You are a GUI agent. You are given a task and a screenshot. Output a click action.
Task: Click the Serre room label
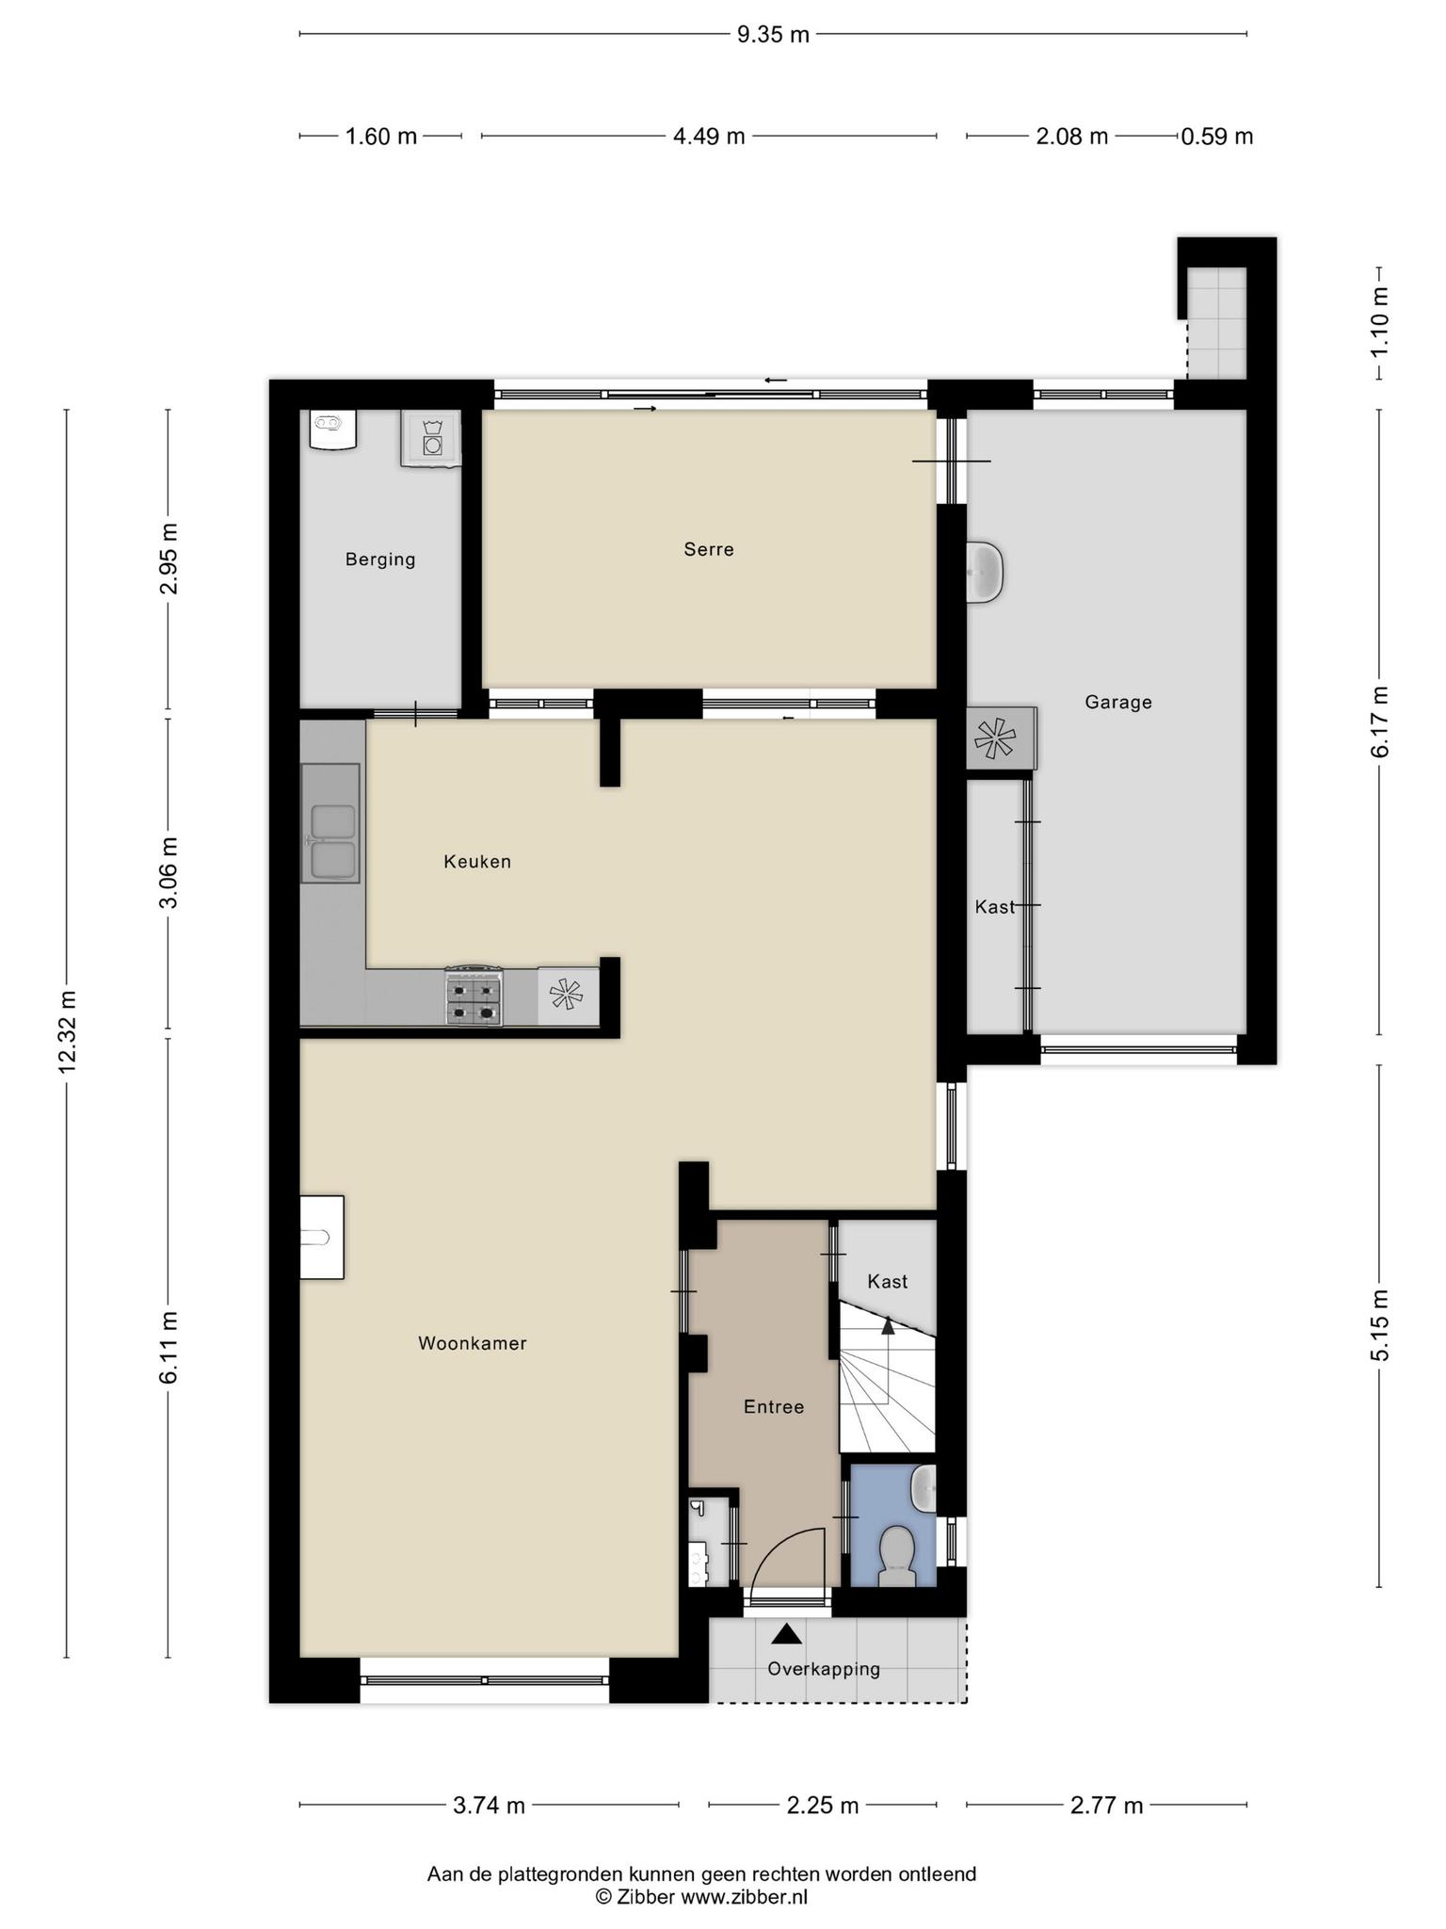point(709,549)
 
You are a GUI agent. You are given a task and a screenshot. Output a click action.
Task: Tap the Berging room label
point(380,559)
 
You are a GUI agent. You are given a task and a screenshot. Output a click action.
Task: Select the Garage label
point(1118,702)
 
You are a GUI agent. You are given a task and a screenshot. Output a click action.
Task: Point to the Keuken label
point(477,861)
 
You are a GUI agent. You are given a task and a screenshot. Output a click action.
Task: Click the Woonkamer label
point(473,1343)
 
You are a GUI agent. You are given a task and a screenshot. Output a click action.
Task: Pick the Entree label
point(774,1406)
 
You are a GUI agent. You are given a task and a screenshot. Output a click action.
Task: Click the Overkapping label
point(824,1669)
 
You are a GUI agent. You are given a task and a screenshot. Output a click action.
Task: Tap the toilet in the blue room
point(896,1555)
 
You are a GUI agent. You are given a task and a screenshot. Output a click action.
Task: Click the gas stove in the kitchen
point(474,996)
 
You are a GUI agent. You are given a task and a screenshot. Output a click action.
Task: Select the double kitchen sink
point(330,823)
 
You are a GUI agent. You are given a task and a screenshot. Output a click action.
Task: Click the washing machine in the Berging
point(431,438)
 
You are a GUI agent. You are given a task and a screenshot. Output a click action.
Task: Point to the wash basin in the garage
point(985,572)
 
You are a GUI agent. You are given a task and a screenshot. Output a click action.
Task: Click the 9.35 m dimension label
point(773,35)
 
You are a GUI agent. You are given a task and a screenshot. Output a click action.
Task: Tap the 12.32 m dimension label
point(67,1032)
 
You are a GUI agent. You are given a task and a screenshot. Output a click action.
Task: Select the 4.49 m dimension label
point(709,137)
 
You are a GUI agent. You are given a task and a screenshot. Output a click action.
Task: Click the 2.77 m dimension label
point(1107,1805)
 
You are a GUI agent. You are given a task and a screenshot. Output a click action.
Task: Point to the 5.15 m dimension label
point(1380,1325)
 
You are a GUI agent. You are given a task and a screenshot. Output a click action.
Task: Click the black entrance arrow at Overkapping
point(786,1634)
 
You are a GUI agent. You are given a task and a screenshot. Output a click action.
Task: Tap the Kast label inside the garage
point(995,907)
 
